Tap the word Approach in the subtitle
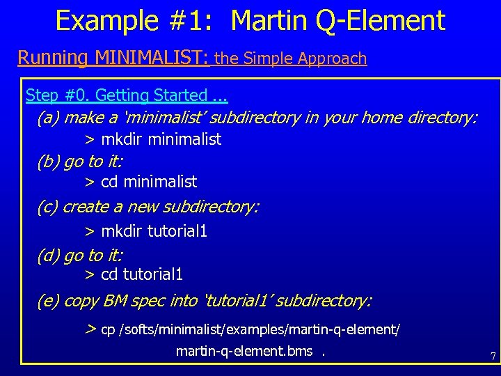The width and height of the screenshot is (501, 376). tap(332, 58)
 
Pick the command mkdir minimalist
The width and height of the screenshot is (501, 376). tap(161, 139)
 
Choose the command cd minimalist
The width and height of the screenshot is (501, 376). tap(149, 182)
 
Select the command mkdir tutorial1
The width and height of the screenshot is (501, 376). tap(154, 230)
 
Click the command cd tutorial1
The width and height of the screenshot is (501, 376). tap(142, 274)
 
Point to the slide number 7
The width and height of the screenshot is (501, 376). tap(493, 357)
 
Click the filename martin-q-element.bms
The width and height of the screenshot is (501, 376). tap(244, 351)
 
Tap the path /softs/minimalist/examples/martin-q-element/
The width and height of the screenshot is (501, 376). tap(260, 329)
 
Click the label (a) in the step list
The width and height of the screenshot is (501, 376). tap(48, 118)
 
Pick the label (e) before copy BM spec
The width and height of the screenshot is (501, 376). tap(48, 301)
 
